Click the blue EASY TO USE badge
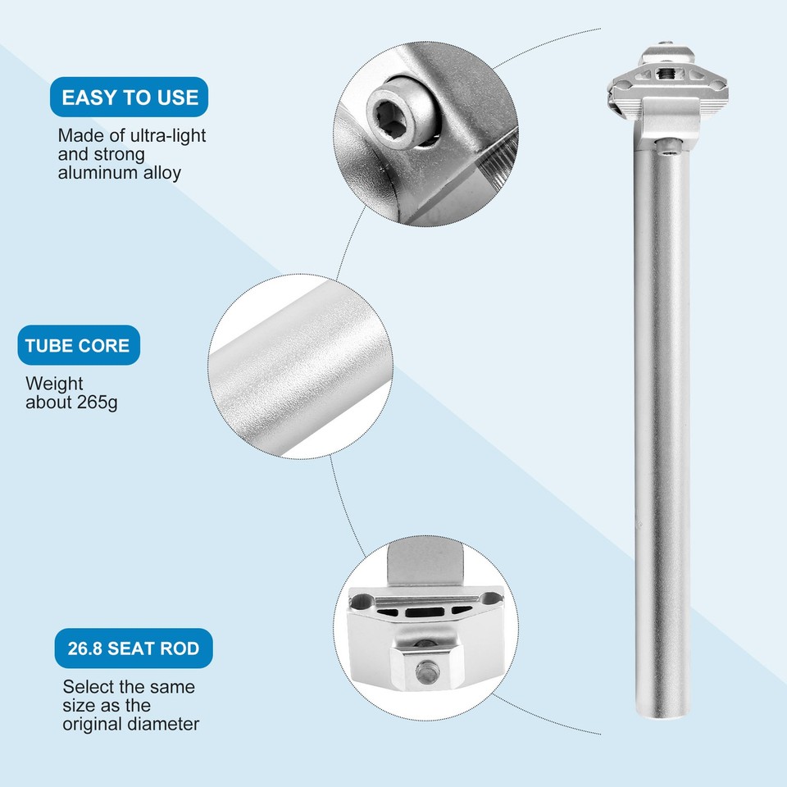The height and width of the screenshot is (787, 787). pos(130,98)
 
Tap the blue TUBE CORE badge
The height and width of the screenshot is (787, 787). pos(78,345)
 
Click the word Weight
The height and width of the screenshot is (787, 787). pos(54,384)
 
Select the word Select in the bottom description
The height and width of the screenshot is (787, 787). pos(88,686)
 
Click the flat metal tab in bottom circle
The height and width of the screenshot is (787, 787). pos(423,561)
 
